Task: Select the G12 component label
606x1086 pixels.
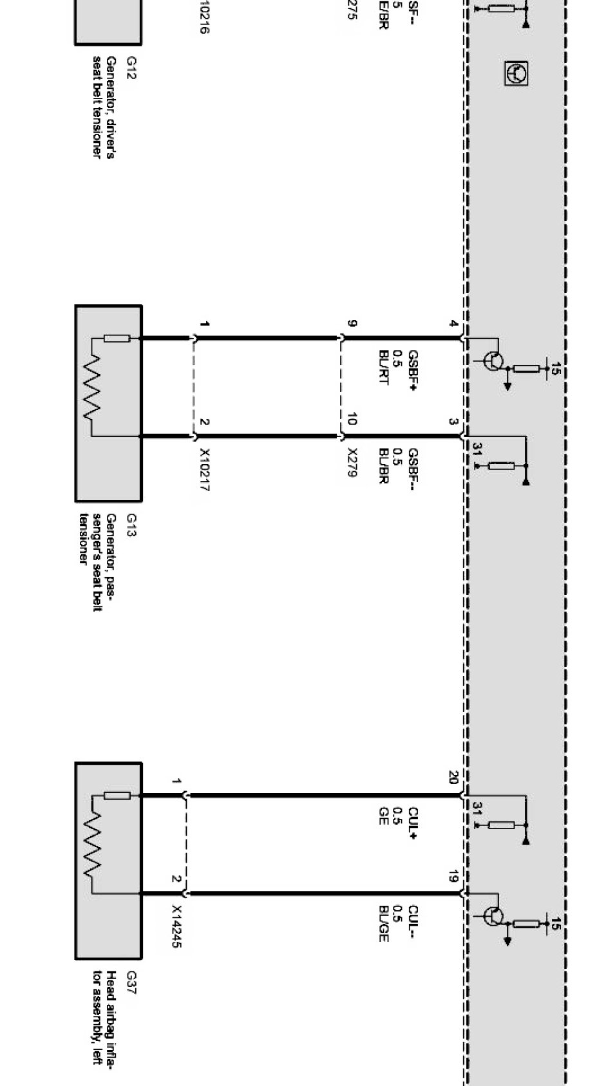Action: (131, 63)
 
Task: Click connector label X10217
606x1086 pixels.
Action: (204, 470)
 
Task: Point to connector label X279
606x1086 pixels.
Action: (352, 462)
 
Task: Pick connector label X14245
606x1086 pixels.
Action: (176, 927)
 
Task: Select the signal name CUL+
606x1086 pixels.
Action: (413, 823)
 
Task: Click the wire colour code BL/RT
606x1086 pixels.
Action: (384, 367)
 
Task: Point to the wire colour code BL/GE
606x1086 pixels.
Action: (384, 924)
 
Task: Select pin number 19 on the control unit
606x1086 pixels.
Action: (453, 875)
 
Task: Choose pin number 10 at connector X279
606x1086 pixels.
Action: (352, 420)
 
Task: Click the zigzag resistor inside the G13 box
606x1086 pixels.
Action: (92, 386)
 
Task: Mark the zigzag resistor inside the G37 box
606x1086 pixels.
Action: (92, 844)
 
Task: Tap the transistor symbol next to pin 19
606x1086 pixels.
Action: (494, 915)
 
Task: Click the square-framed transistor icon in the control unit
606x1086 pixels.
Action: (516, 73)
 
